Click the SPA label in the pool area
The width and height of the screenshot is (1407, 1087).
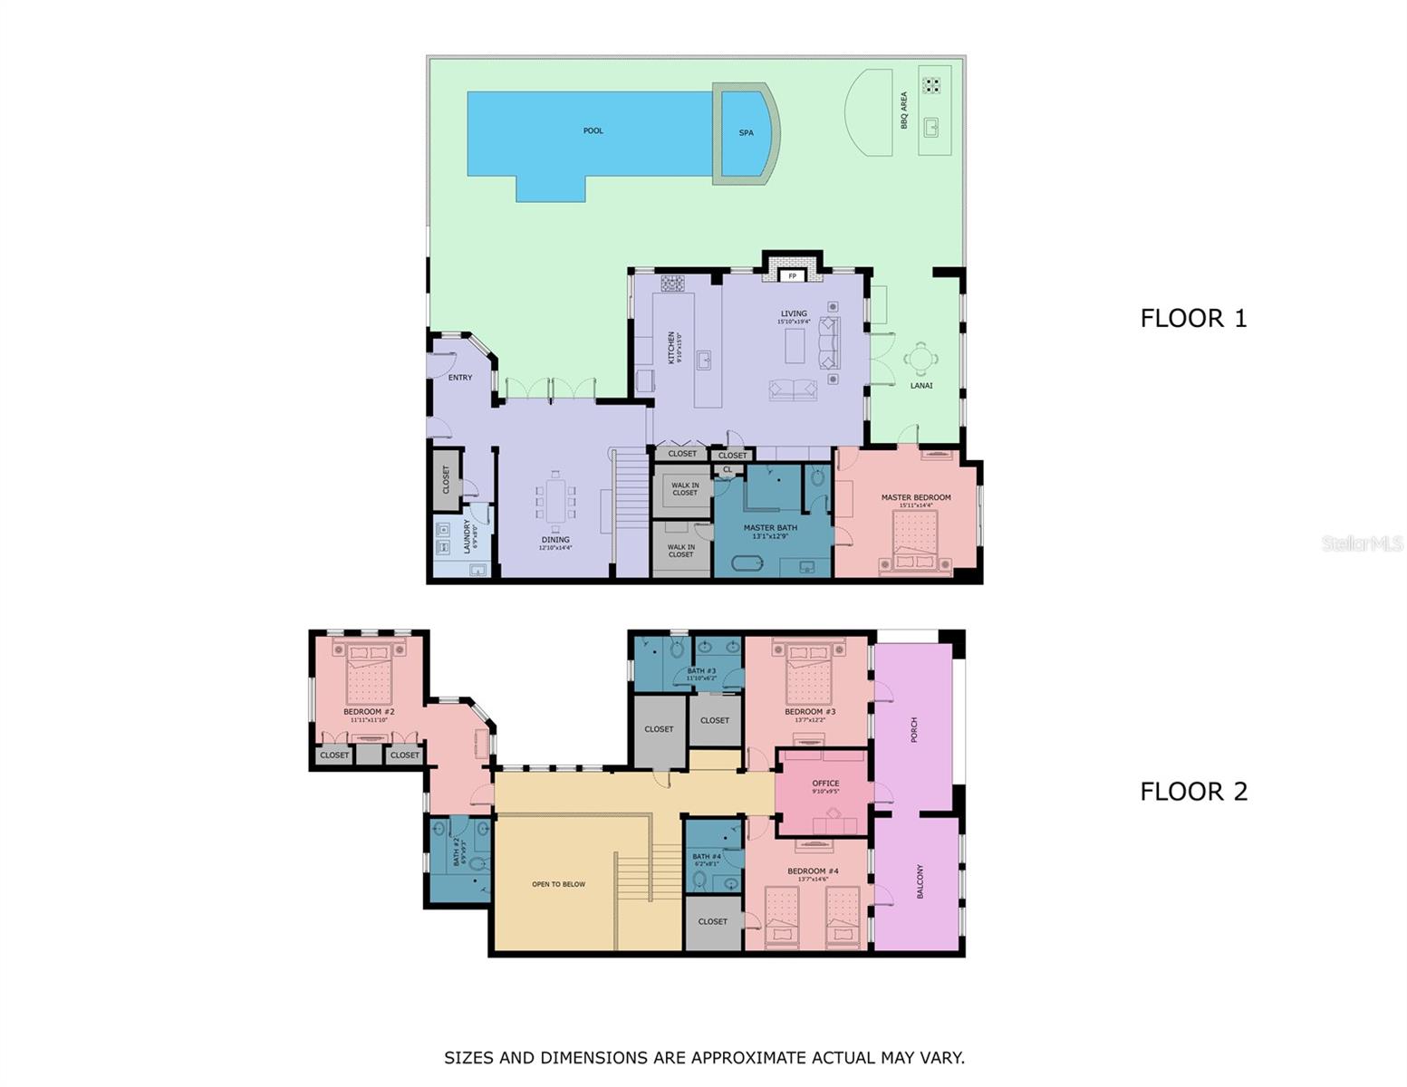coord(746,133)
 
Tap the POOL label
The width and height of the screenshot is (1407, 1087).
coord(593,131)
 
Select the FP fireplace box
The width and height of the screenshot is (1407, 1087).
coord(792,275)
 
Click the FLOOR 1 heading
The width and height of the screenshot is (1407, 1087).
coord(1192,319)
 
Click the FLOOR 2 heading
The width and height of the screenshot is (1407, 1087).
coord(1192,792)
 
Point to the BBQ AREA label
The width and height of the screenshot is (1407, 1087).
coord(903,111)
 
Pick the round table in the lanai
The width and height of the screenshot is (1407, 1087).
coord(920,360)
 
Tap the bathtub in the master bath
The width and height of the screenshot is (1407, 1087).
coord(747,563)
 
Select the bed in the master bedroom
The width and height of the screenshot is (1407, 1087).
coord(915,542)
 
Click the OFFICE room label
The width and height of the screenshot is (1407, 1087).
coord(825,784)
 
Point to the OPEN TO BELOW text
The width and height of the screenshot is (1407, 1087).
coord(558,884)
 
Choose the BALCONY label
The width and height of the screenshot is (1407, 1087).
coord(920,881)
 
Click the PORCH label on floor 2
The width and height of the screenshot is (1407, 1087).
coord(914,730)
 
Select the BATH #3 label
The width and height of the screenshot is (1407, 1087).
coord(701,671)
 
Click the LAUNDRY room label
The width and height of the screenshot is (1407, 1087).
coord(467,535)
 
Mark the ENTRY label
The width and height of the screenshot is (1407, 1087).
coord(459,378)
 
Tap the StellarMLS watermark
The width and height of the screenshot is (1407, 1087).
coord(1362,543)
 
